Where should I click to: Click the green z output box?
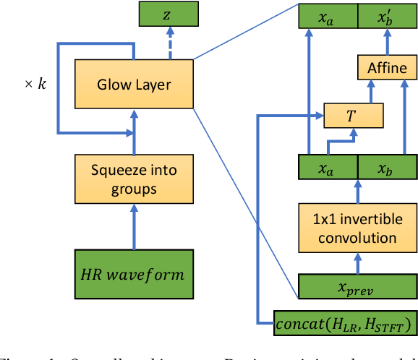coord(168,14)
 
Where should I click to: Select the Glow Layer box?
coord(134,85)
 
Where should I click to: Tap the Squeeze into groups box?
coord(134,179)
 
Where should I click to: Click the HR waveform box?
coord(134,274)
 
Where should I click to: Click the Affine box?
coord(388,69)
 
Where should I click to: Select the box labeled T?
coord(352,114)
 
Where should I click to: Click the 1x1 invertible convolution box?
coord(359,228)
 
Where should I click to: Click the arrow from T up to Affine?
coord(369,92)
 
